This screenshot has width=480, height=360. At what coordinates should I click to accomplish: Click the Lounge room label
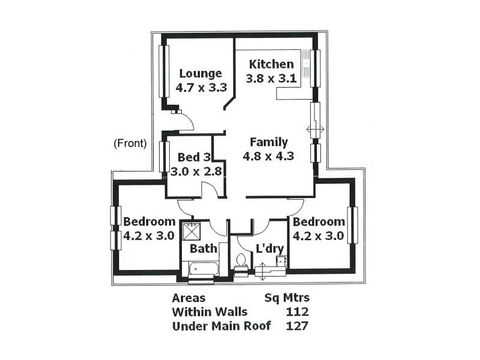click(x=200, y=74)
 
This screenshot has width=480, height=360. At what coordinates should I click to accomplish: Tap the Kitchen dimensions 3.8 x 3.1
click(x=271, y=78)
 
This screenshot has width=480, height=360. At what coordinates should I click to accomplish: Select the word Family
click(x=269, y=142)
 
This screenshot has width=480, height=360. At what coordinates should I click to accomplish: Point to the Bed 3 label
click(x=194, y=158)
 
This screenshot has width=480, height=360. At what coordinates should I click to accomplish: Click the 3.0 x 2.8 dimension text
click(x=196, y=171)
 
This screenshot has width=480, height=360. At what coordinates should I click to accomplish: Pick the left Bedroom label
click(x=149, y=221)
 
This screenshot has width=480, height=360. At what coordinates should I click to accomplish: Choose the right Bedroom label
click(x=319, y=221)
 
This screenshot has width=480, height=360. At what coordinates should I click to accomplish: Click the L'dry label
click(x=269, y=248)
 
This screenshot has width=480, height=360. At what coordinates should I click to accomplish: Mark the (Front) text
click(x=130, y=143)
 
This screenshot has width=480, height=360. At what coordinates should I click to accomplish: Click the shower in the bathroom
click(x=192, y=232)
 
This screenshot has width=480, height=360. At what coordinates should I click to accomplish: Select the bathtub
click(x=204, y=268)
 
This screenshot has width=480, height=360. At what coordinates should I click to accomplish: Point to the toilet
click(x=241, y=262)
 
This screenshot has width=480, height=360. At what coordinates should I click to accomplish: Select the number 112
click(x=297, y=312)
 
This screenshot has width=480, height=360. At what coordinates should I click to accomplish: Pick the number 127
click(x=297, y=326)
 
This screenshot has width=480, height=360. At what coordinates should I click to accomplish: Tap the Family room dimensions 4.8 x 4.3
click(x=268, y=156)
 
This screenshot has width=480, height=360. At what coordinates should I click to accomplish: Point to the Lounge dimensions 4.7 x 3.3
click(x=200, y=88)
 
